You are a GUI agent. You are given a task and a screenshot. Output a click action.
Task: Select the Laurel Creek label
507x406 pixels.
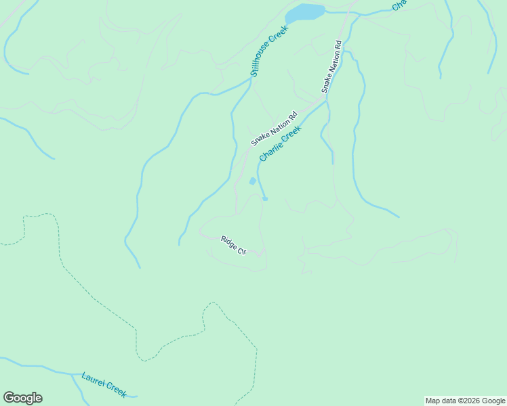[x=104, y=384]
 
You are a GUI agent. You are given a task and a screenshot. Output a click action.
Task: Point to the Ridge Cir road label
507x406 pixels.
[x=232, y=245]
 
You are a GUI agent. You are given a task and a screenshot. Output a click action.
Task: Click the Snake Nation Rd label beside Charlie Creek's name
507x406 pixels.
[x=274, y=129]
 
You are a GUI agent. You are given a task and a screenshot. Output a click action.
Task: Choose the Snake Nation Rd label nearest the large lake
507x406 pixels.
[x=331, y=66]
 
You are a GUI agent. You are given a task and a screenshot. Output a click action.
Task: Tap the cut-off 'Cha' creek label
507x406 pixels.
[x=399, y=5]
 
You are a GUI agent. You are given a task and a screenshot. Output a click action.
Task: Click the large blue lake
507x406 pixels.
[x=305, y=12]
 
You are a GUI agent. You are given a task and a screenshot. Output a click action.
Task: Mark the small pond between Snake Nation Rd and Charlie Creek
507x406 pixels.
[x=253, y=181]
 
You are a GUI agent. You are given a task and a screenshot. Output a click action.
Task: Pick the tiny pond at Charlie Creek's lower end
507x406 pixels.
[x=265, y=199]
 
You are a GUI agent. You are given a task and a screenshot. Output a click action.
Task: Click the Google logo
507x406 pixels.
[x=22, y=398]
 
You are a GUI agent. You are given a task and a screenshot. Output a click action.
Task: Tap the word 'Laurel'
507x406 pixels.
[x=93, y=380]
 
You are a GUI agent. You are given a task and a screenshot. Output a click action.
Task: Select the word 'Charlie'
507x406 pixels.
[x=270, y=150]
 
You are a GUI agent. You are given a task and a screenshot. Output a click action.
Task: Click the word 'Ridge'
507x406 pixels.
[x=228, y=242]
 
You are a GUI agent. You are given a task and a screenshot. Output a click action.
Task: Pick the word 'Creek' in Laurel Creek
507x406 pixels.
[x=115, y=389]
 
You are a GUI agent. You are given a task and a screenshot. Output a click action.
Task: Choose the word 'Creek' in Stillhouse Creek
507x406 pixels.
[x=280, y=35]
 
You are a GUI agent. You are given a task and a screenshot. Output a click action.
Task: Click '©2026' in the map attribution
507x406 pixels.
[x=467, y=401]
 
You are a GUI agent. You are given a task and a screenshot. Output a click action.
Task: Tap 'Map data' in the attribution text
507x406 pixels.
[x=440, y=401]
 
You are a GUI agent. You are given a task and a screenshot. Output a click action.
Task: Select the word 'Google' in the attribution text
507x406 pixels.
[x=492, y=401]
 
